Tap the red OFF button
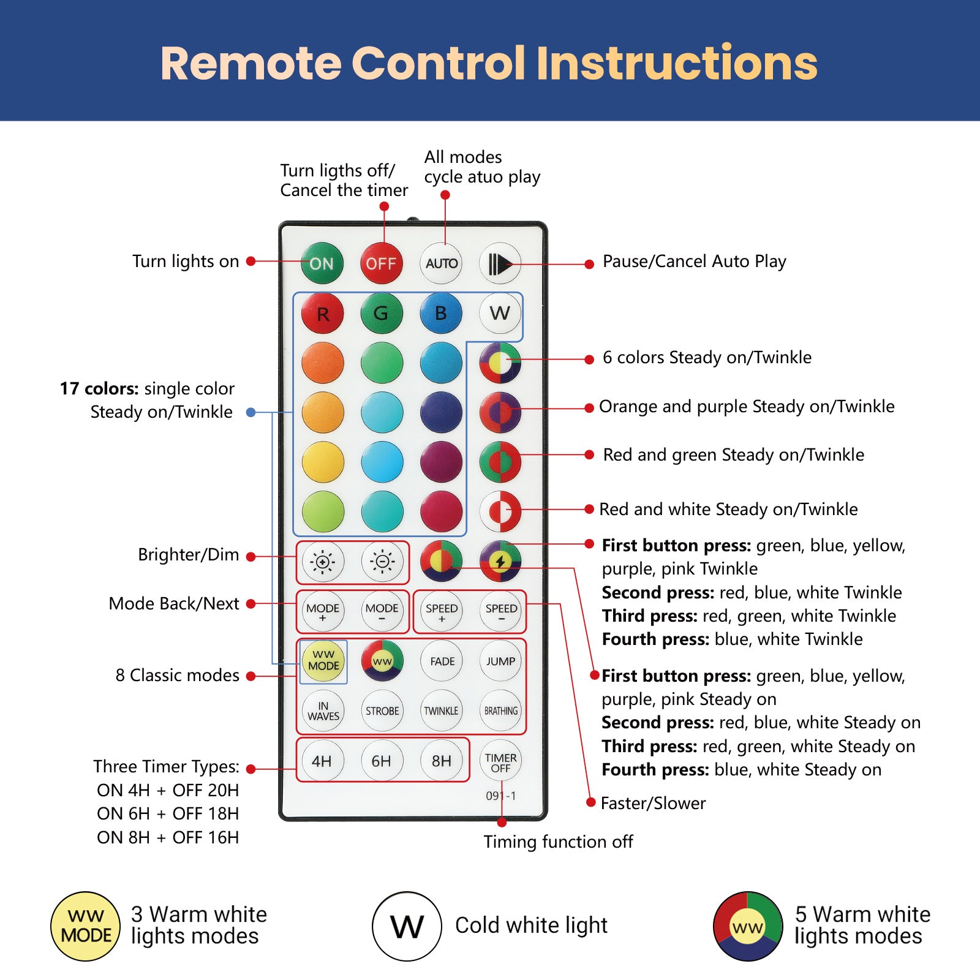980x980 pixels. (381, 263)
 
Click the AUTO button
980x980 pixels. (441, 263)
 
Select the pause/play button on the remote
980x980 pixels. (500, 263)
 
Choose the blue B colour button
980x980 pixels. (441, 313)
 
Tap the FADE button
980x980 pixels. (442, 661)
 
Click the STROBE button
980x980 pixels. (382, 710)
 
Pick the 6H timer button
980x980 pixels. (382, 761)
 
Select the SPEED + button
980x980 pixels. (442, 611)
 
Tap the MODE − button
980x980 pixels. (382, 611)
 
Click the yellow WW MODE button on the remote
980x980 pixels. (323, 661)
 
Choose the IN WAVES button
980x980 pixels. (323, 710)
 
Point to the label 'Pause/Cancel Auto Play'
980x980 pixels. (694, 262)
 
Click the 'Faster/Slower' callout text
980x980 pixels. (653, 803)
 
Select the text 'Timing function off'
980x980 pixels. (558, 842)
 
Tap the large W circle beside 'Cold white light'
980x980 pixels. (407, 926)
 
